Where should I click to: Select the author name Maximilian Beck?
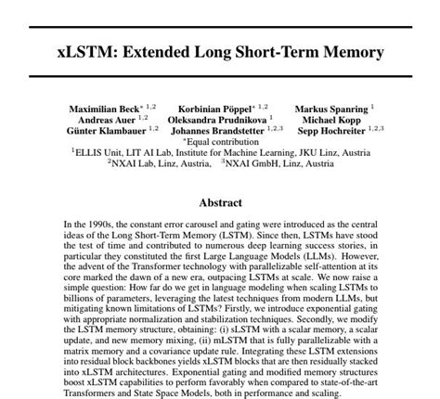107,109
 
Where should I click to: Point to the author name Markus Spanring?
330,109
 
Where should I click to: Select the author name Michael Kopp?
332,120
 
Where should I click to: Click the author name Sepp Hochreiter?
330,131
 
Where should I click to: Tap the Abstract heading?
220,202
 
